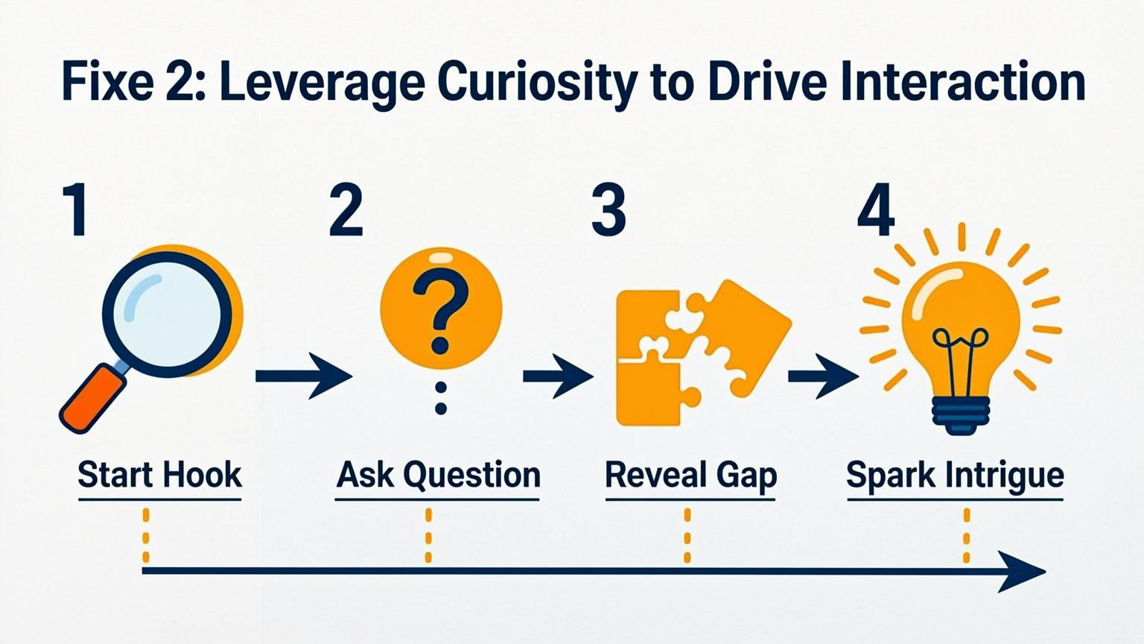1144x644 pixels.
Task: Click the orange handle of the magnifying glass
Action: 93,397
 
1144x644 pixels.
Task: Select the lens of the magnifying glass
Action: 167,309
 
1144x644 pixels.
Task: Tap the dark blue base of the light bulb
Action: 961,415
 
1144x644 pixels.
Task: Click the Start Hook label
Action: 159,475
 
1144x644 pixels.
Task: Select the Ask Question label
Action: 438,475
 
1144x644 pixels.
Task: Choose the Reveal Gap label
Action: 690,475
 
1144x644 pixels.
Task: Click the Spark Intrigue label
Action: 955,475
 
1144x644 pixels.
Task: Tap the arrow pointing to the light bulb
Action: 822,376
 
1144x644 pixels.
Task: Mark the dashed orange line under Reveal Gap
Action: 687,535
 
